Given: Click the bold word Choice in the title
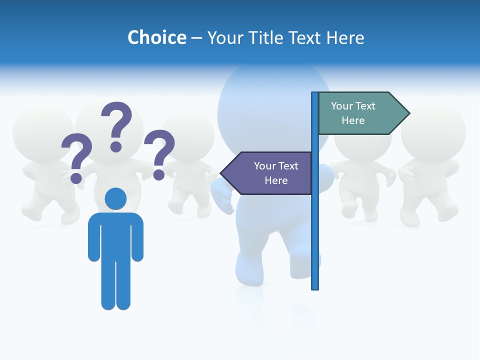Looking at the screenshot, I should [156, 37].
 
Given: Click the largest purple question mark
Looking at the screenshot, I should [117, 125].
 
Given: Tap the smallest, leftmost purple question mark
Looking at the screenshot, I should [76, 157].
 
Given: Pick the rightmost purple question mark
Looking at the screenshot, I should [159, 153].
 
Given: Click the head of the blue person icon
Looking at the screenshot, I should [115, 198].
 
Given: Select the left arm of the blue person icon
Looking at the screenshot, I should [93, 237].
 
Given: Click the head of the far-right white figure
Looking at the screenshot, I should [433, 131].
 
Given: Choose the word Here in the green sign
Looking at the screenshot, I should [353, 120].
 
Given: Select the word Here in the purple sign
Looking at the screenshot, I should [276, 180].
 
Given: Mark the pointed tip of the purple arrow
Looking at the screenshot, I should [221, 173].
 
